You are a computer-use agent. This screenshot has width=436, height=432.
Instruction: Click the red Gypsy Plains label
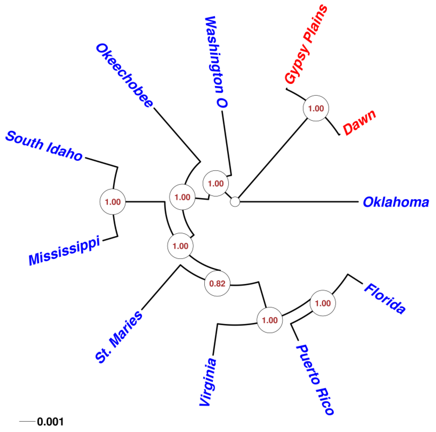click(306, 44)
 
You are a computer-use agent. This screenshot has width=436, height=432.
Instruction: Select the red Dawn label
click(360, 122)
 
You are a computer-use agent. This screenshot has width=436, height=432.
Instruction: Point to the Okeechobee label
click(124, 76)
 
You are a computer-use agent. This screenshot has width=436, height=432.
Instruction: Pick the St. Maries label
click(119, 337)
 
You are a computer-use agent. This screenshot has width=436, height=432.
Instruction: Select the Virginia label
click(208, 382)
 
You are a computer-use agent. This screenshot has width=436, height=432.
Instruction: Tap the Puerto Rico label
click(315, 379)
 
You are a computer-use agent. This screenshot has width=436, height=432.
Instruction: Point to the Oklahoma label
click(396, 202)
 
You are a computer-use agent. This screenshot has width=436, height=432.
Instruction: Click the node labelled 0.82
click(217, 284)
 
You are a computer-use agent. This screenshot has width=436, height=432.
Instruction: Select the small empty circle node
click(235, 202)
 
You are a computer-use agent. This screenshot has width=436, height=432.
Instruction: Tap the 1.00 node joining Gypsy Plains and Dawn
click(316, 108)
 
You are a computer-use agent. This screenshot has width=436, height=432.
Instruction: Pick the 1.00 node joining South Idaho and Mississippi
click(113, 202)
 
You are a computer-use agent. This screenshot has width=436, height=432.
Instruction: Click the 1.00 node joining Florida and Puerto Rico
click(323, 303)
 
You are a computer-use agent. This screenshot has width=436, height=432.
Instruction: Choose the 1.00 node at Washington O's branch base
click(216, 183)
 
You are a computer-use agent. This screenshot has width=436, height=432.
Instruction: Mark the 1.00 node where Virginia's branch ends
click(270, 320)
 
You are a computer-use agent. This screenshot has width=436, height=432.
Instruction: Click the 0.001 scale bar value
click(50, 422)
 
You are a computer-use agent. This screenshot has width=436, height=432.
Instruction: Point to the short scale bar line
click(27, 421)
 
